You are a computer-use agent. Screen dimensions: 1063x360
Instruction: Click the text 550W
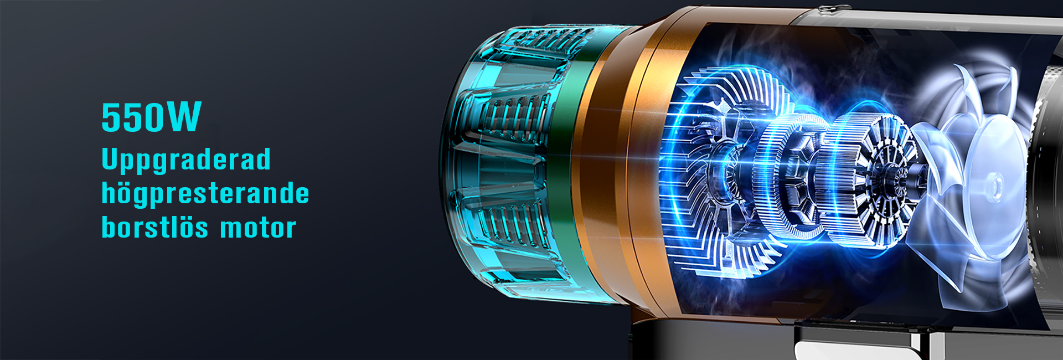151,117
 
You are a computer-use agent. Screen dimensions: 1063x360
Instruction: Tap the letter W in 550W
184,117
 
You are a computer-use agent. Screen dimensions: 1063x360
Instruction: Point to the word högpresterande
205,193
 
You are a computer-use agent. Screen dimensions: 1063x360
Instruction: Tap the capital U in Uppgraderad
111,158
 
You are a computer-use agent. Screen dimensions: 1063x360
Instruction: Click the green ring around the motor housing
570,166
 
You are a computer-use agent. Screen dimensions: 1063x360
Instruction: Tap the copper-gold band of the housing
620,166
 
